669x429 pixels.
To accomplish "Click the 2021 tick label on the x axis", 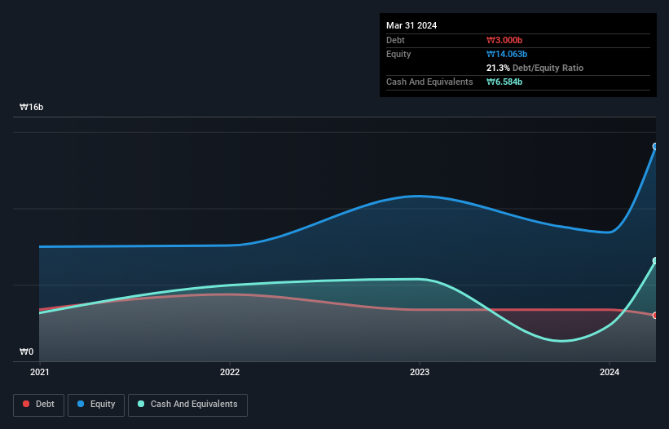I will point(39,372).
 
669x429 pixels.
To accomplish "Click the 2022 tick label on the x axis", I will point(230,372).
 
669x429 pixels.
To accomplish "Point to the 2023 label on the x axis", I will point(420,372).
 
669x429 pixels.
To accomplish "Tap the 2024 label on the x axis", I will point(610,372).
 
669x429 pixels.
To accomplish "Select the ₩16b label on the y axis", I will point(32,108).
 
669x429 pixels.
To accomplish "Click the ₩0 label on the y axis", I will point(27,352).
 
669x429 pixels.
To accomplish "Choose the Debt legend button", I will point(40,405).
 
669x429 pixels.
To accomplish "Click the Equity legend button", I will point(97,405).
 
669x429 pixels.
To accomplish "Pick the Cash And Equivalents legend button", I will point(187,405).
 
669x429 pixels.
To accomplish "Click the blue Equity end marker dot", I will point(655,147).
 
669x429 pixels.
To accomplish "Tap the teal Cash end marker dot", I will point(655,261).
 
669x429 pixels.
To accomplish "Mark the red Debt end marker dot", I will point(655,315).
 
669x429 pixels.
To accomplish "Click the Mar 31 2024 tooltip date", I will point(412,25).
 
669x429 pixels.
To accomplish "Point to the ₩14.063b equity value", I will point(508,54).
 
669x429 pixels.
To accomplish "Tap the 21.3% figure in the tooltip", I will point(498,68).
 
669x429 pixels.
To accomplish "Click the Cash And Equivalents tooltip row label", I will point(429,82).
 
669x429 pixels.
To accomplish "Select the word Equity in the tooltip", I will point(398,54).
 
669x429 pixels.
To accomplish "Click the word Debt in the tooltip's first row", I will point(395,40).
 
